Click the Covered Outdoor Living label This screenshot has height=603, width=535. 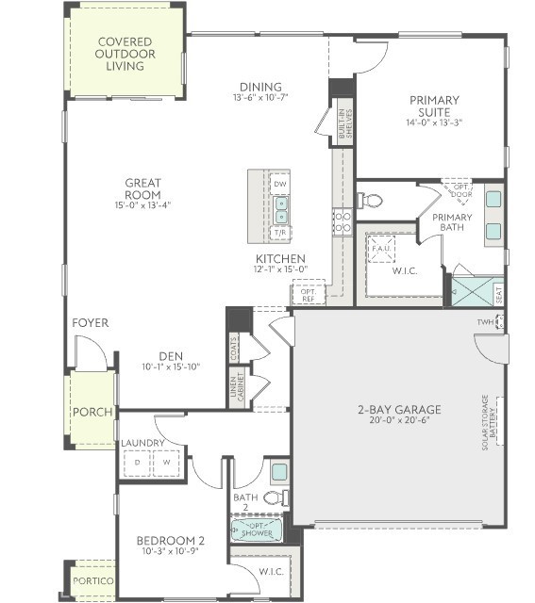click(x=125, y=55)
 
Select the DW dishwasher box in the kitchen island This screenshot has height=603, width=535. click(x=279, y=184)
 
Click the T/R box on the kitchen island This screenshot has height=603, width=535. click(x=279, y=231)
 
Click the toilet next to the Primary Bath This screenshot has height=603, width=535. click(x=371, y=201)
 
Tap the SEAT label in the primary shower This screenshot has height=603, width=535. click(x=498, y=294)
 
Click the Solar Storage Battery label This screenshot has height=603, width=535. click(x=491, y=424)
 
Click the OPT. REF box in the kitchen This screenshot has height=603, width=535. click(x=309, y=294)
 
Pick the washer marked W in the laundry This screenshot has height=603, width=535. click(x=167, y=464)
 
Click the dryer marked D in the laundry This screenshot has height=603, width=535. click(x=137, y=464)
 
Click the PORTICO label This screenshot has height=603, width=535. click(x=93, y=581)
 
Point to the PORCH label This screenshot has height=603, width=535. click(x=93, y=413)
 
